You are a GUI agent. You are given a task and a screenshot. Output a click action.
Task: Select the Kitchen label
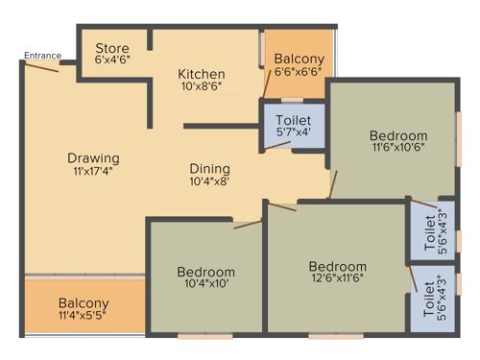coord(202,74)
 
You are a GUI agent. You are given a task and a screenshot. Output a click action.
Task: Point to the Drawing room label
coord(93,158)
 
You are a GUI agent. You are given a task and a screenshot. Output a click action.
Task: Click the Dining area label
coord(208,165)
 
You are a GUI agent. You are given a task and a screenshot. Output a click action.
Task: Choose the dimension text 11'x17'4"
coord(93,172)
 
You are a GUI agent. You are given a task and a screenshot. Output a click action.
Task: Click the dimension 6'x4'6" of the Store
coord(111,59)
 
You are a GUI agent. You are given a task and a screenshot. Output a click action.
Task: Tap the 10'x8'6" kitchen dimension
coord(202,87)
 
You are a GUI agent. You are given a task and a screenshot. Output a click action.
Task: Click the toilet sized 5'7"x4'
coord(293,126)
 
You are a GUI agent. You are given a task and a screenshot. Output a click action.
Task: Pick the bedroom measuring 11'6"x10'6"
coord(398,142)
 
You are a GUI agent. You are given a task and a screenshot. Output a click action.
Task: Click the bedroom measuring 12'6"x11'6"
coord(337,273)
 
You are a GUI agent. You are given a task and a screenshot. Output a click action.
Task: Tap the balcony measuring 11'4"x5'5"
coord(83,309)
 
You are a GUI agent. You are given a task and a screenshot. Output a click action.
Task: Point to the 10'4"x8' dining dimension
coord(208,180)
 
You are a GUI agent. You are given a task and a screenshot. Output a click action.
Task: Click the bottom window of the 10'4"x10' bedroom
coord(204,335)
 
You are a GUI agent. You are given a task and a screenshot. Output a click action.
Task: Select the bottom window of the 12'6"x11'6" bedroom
coord(336,335)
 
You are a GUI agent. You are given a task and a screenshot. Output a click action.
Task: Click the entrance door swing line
coord(42,67)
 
